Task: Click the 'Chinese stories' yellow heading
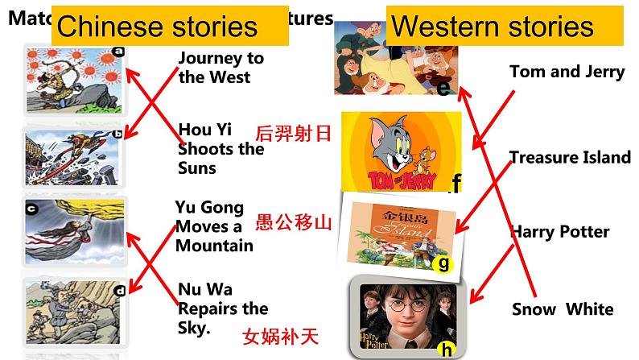(158, 27)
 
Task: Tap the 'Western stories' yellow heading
(492, 27)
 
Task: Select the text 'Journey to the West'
(221, 68)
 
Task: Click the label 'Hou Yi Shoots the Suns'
(221, 149)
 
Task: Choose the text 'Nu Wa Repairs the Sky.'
(223, 308)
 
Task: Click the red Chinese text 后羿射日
(293, 133)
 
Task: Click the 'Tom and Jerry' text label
(567, 72)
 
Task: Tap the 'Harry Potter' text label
(559, 232)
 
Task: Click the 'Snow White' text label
(563, 309)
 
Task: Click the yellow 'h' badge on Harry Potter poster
(446, 349)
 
